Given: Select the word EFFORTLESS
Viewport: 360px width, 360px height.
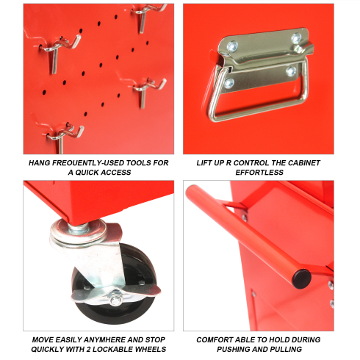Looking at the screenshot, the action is tap(259, 173).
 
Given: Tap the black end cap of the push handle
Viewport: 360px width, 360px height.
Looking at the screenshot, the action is tap(302, 279).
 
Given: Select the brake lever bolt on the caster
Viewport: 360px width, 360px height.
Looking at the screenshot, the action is tap(115, 300).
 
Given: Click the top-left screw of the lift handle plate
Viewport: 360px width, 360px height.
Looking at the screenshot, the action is tap(232, 46).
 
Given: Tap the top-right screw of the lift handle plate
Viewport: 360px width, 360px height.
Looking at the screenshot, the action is tap(296, 38).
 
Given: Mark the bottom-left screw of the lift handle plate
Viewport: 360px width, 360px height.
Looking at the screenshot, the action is tap(229, 84).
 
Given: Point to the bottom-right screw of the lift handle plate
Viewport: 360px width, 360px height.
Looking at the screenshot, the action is tap(291, 71).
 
